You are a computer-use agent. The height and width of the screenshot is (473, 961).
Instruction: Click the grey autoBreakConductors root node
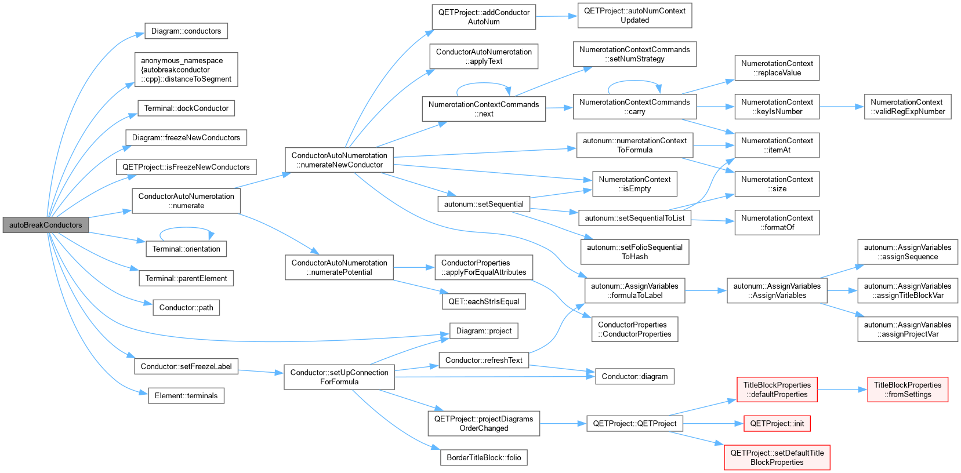pos(45,225)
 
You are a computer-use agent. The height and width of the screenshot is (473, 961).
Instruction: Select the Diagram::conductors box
pos(186,31)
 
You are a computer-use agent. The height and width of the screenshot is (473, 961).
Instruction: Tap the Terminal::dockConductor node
pos(186,108)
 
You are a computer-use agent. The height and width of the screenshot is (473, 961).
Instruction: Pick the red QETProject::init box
pos(777,424)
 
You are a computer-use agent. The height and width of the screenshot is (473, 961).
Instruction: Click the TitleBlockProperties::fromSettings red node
pos(908,390)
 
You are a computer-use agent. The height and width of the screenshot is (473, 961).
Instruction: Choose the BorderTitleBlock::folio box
pos(484,457)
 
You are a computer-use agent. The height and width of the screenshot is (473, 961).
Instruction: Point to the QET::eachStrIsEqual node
pos(484,301)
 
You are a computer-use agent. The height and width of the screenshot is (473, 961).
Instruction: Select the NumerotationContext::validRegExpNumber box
pos(908,107)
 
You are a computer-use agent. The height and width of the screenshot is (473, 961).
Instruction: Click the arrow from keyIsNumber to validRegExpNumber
pos(842,107)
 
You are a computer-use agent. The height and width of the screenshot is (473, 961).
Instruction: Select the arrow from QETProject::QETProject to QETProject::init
pos(713,424)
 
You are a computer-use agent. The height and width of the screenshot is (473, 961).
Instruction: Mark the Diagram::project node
pos(484,331)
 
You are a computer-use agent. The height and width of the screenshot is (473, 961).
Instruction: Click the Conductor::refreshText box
pos(484,360)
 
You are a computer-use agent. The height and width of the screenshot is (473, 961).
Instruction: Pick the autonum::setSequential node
pos(484,204)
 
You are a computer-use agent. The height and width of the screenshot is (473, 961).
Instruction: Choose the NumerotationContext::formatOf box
pos(777,223)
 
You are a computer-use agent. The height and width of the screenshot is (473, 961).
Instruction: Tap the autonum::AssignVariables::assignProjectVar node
pos(908,329)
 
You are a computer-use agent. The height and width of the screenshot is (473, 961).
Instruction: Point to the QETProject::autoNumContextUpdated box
pos(635,16)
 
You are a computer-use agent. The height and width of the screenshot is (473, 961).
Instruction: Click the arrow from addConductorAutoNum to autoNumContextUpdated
pos(557,16)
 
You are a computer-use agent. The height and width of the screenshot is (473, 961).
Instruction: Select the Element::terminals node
pos(186,396)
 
